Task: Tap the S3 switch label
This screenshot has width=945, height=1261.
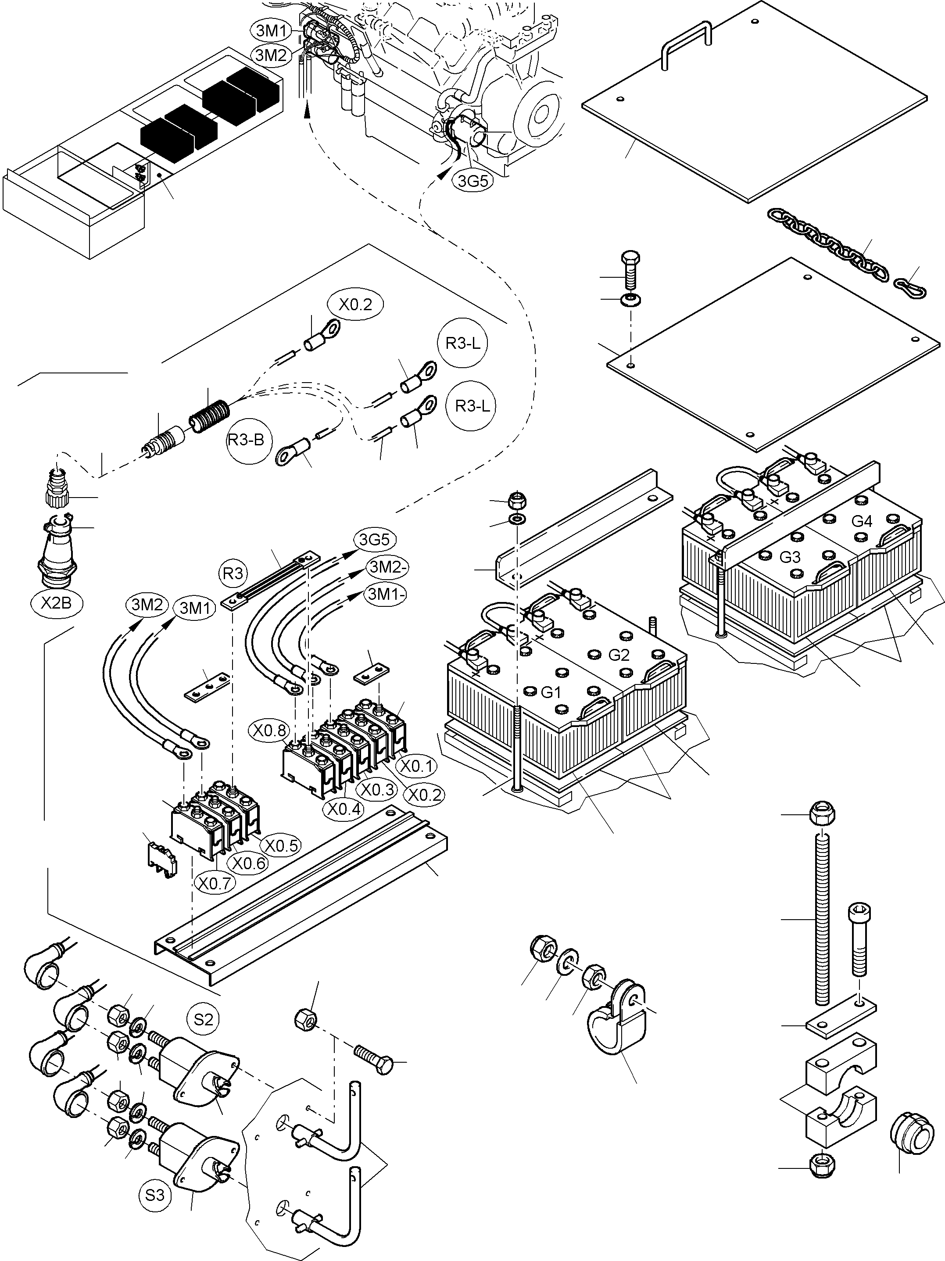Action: (154, 1194)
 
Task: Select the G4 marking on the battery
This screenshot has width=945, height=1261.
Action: (861, 521)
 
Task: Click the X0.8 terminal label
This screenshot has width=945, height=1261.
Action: (270, 731)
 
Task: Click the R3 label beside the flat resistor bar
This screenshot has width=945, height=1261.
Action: (233, 573)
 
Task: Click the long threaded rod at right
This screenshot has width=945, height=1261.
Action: (823, 918)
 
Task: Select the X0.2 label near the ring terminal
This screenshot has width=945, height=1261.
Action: (354, 305)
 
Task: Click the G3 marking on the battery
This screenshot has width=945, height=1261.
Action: (789, 557)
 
